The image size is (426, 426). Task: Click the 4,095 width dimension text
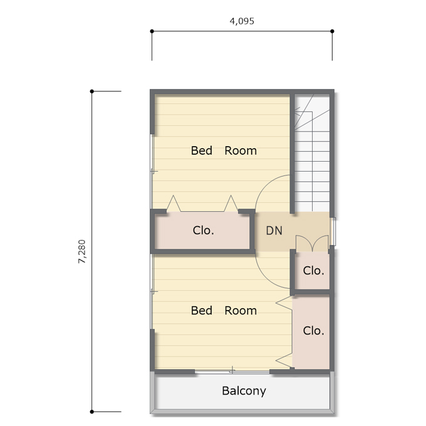(x=242, y=21)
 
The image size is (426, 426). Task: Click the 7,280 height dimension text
(x=82, y=251)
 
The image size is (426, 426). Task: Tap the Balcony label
(x=244, y=391)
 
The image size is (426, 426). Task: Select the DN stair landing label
(x=274, y=231)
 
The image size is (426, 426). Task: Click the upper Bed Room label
(x=224, y=150)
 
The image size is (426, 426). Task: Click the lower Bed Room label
(x=224, y=311)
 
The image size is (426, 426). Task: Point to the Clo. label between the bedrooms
(x=203, y=231)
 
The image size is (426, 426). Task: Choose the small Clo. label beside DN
(x=313, y=271)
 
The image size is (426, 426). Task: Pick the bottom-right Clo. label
(x=313, y=331)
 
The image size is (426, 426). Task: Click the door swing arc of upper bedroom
(x=263, y=185)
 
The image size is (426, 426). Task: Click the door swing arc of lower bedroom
(x=264, y=279)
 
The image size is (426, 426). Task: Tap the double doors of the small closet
(x=313, y=244)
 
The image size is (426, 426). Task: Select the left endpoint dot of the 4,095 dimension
(x=152, y=31)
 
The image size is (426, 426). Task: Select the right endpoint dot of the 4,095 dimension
(x=332, y=31)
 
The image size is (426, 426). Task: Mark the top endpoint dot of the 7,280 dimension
(x=92, y=91)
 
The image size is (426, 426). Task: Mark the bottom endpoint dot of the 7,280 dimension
(x=92, y=412)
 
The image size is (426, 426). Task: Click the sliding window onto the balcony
(x=232, y=371)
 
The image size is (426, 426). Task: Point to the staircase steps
(x=312, y=153)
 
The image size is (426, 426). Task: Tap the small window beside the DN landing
(x=333, y=231)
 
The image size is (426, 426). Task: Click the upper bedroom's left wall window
(x=152, y=172)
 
